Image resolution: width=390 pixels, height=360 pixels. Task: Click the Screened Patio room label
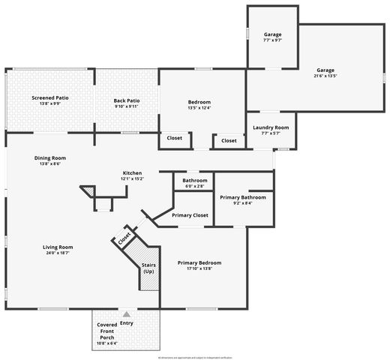(x=49, y=98)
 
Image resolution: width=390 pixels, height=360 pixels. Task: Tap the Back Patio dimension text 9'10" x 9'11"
(x=127, y=106)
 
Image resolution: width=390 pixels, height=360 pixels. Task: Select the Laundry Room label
(x=271, y=127)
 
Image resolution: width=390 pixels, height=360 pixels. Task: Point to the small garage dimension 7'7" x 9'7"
(x=271, y=41)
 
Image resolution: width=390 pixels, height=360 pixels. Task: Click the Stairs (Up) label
(x=148, y=267)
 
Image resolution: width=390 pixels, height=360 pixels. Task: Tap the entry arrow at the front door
(x=126, y=314)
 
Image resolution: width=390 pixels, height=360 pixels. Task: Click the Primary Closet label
(x=190, y=215)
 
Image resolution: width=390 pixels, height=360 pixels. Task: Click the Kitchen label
(x=132, y=172)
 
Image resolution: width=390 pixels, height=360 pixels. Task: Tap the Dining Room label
(x=49, y=157)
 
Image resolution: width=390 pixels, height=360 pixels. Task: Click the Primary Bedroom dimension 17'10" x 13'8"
(x=199, y=268)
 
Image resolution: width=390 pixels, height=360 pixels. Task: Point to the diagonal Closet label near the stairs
(x=124, y=238)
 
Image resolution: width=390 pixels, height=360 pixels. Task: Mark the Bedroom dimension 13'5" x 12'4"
(x=199, y=108)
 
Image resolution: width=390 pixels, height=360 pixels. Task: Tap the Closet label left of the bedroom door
(x=174, y=139)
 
